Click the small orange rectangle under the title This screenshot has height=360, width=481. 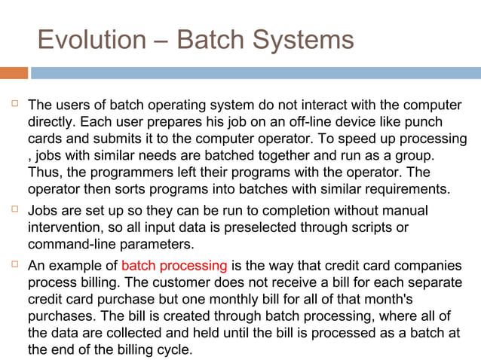[14, 73]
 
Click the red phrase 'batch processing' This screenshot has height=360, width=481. [173, 265]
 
